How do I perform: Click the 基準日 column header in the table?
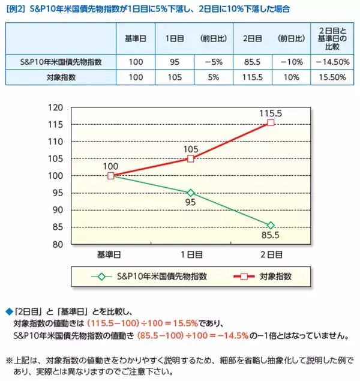tap(136, 38)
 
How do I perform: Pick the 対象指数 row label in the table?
tap(60, 77)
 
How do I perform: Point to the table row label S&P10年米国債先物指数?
tap(60, 61)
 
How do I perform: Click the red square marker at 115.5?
tap(271, 122)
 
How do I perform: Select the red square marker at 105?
tap(191, 158)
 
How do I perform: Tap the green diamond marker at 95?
tap(191, 193)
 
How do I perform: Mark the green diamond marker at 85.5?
tap(271, 225)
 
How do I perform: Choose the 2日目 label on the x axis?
tap(271, 254)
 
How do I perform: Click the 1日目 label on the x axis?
tap(191, 254)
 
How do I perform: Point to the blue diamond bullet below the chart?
tap(8, 311)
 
